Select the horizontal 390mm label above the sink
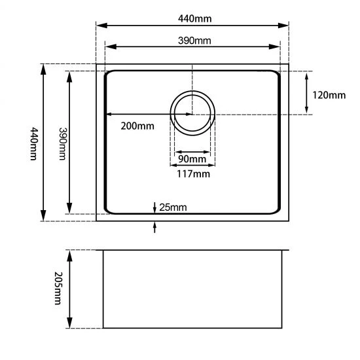coord(194,41)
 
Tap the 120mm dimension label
coord(329,95)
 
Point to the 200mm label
coord(137,126)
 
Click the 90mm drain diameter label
coord(192,159)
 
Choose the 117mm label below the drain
coord(193,173)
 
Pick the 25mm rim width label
coord(173,207)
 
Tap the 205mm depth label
coord(58,289)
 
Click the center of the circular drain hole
coord(192,114)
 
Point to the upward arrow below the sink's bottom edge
coord(154,227)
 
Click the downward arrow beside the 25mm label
coord(154,207)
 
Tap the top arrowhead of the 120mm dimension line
coord(306,74)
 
